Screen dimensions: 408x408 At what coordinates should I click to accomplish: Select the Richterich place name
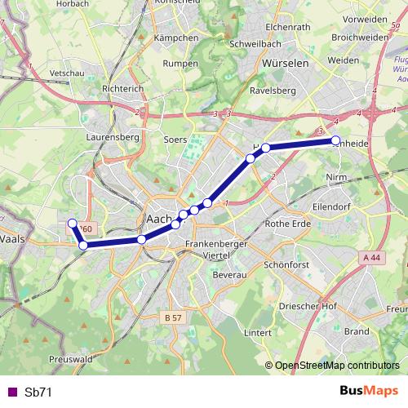point(123,90)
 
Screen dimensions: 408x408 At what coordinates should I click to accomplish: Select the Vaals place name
point(13,240)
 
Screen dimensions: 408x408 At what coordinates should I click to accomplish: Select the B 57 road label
point(171,317)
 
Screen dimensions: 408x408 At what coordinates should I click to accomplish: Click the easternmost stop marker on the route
point(335,141)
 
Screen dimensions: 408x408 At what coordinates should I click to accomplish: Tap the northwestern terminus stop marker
point(72,224)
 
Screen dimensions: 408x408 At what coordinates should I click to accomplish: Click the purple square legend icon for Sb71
point(11,392)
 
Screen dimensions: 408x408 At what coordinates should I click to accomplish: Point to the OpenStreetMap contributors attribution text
point(337,366)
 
